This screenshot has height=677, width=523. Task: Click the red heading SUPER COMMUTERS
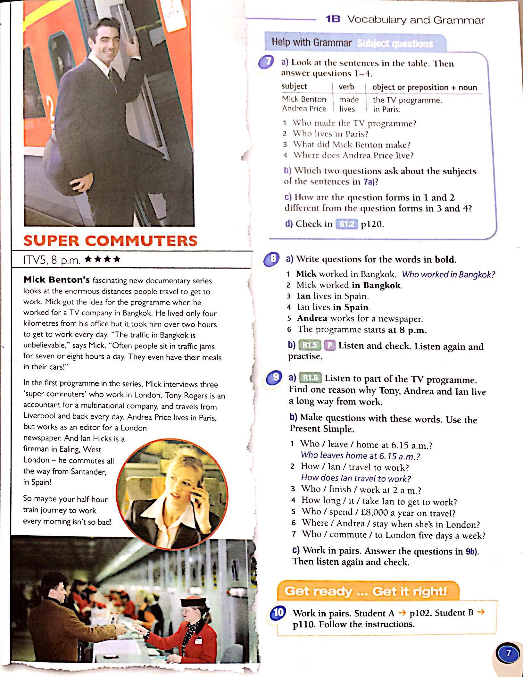[x=111, y=241]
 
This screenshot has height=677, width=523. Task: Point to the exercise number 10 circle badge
[x=278, y=613]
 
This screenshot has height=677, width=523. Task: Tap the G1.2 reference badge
[x=346, y=224]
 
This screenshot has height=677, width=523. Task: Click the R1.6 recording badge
[x=310, y=378]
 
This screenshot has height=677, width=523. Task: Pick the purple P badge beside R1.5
[x=329, y=345]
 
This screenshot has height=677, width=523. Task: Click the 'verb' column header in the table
[x=346, y=87]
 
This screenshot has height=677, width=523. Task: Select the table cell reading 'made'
[x=349, y=100]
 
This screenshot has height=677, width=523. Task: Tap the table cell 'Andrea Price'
[x=304, y=109]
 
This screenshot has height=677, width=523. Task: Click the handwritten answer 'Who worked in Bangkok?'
[x=448, y=274]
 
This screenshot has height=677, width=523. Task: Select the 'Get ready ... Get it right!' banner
[x=367, y=591]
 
